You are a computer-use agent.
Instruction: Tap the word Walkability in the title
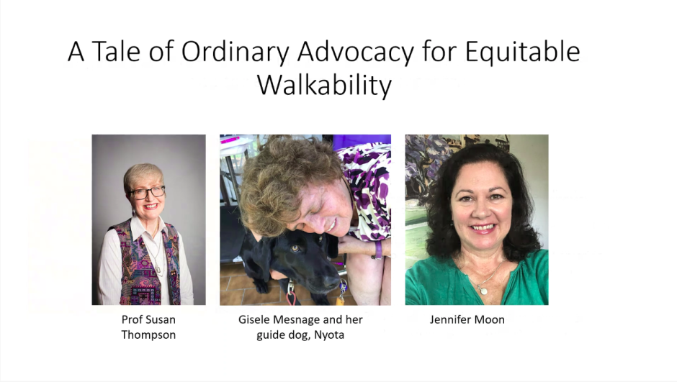coord(324,85)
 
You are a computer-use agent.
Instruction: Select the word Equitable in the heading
coord(522,53)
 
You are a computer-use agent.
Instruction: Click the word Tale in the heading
coord(116,51)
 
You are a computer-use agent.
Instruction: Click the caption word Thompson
coord(148,335)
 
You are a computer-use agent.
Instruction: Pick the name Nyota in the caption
coord(329,335)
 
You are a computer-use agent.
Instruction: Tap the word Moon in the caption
coord(489,319)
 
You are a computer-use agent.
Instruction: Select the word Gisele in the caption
coord(253,319)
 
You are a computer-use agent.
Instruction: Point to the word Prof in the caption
coord(131,319)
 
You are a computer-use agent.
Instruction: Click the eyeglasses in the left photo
coord(147,192)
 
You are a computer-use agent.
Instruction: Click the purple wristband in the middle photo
coord(378,250)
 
